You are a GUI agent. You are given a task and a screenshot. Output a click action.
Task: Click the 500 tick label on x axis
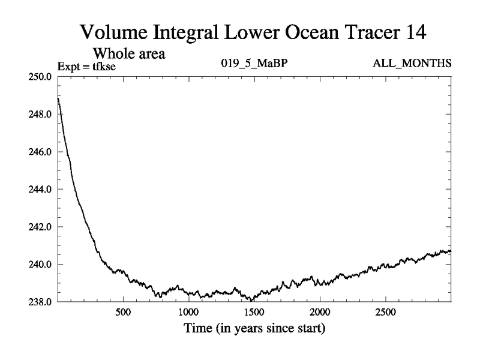point(123,312)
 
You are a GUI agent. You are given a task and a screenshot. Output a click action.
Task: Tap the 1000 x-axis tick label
point(188,312)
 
